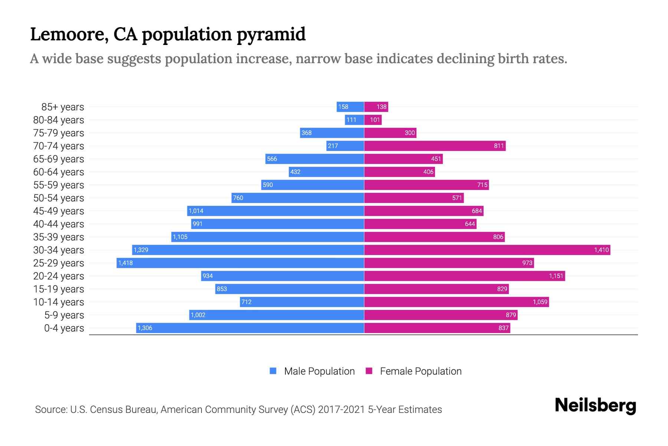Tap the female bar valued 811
[435, 146]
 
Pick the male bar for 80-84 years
[354, 120]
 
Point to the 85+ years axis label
[62, 107]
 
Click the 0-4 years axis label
[64, 328]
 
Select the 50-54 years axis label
[59, 198]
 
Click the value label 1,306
[145, 328]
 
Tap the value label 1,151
[556, 276]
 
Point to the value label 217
[333, 146]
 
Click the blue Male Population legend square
[273, 371]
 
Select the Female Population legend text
[420, 371]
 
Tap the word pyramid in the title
[271, 35]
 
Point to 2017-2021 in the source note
[341, 410]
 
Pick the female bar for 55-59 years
[426, 185]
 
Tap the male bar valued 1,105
[268, 237]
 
